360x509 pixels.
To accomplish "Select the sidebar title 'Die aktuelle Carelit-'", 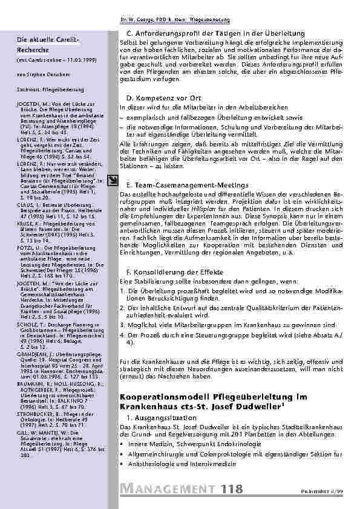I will tap(43, 39).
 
